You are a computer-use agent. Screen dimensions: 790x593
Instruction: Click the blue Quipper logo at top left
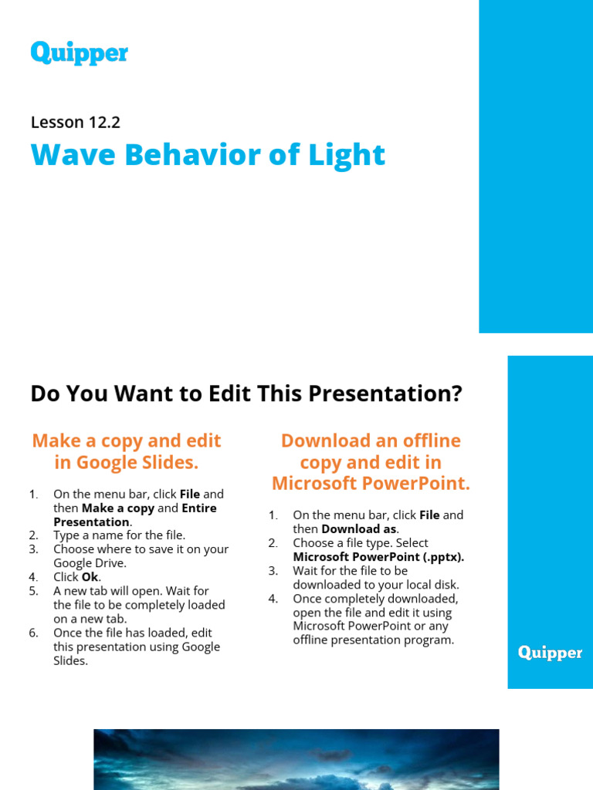coord(79,53)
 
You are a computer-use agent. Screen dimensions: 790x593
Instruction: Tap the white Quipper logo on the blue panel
coord(550,653)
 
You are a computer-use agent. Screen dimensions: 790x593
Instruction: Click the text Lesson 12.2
coord(76,122)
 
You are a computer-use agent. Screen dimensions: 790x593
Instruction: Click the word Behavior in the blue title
coord(174,154)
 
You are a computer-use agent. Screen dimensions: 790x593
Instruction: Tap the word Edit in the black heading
coord(229,393)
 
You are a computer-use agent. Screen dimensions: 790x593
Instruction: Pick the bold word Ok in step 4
coord(90,577)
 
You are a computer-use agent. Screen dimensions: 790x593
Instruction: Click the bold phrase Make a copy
coord(118,508)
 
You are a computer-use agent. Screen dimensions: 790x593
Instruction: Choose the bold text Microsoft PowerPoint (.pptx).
coord(378,556)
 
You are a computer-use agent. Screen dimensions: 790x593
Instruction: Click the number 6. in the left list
coord(33,633)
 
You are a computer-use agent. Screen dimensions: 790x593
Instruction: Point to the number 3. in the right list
coord(273,571)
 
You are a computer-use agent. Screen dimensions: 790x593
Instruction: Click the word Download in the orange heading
coord(325,441)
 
